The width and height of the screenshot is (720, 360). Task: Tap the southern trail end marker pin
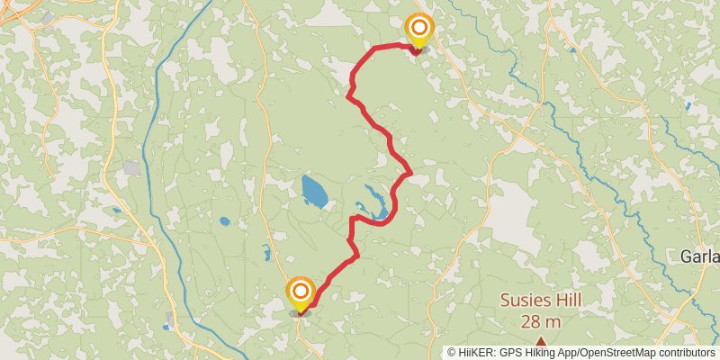pos(300,293)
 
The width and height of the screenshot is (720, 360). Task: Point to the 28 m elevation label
pos(540,321)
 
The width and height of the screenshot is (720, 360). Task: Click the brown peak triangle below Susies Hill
pos(540,341)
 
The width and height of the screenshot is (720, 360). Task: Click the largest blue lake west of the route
pos(314,191)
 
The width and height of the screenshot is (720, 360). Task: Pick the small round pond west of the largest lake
pos(224,220)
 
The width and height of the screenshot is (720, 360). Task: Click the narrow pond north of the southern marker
pos(267,253)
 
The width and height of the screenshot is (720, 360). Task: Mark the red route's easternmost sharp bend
pos(410,171)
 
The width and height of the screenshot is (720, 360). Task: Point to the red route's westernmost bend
pos(349,94)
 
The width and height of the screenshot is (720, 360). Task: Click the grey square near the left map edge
pos(132,168)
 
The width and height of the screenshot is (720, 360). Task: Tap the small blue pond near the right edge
pos(688,106)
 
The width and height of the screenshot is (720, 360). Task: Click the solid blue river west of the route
pos(156,180)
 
